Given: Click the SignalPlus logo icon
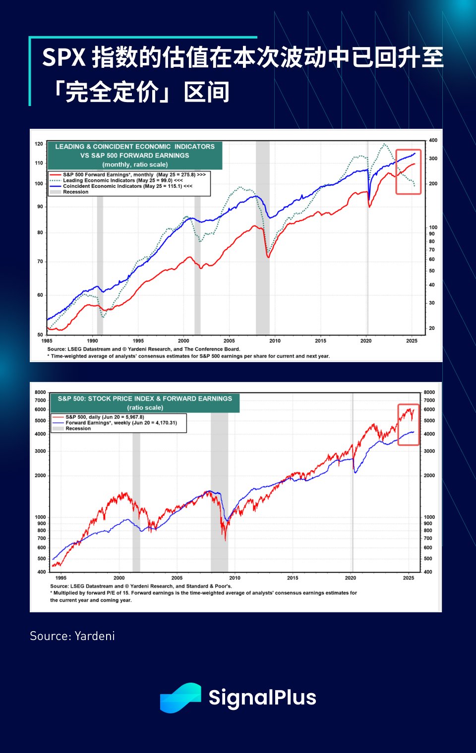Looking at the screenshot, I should point(180,698).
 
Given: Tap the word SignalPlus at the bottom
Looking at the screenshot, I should point(262,698).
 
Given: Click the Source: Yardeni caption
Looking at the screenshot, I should point(72,636).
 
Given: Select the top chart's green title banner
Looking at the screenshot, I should point(135,155).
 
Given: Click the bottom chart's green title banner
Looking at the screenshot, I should point(145,403).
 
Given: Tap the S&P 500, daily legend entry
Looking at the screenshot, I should point(105,417).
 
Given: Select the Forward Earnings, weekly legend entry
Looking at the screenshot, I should point(121,423).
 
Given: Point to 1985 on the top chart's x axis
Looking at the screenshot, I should point(47,341).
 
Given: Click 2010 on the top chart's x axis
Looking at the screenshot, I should point(275,341).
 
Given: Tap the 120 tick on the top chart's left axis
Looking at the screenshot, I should point(39,144).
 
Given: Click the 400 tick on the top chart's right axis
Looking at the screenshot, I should point(433,141).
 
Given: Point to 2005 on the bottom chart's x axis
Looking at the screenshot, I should point(177,578).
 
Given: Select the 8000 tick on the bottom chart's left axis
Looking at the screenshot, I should point(40,392).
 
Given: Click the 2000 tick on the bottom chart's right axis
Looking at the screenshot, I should point(429,476).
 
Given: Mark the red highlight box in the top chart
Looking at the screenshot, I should point(408,171).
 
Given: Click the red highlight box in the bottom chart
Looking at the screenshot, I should point(409,425).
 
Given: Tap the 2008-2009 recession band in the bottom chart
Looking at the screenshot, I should point(219,495).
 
